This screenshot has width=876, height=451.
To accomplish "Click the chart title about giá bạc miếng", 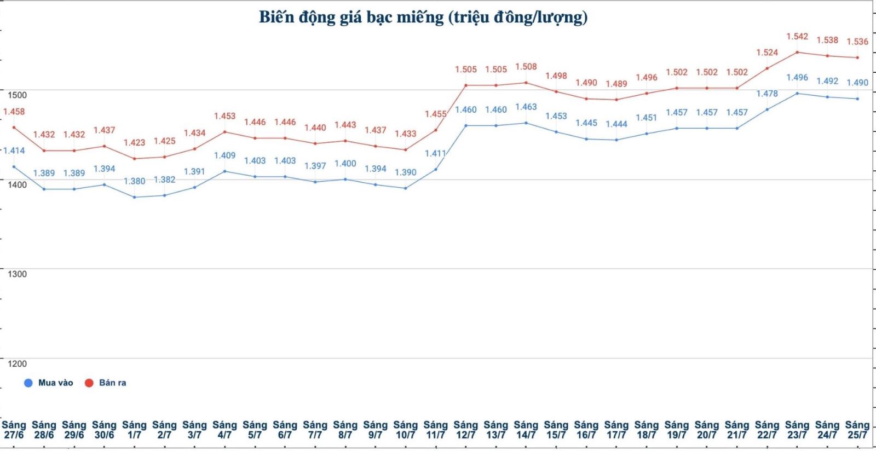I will [423, 17].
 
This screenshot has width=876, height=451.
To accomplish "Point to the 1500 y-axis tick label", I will [17, 95].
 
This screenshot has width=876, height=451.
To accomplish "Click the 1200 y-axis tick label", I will [17, 363].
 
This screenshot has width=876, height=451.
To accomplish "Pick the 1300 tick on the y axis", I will [17, 274].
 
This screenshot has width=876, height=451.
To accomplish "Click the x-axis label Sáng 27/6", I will [14, 430].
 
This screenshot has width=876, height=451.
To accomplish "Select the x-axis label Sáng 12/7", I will [465, 430].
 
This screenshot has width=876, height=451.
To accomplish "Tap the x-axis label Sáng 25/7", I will [857, 430].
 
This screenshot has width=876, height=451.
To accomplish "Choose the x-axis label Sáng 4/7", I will [224, 430].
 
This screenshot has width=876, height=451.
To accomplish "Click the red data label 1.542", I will [797, 36].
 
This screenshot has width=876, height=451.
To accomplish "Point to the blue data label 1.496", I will [797, 77].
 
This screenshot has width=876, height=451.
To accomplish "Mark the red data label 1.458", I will [14, 112].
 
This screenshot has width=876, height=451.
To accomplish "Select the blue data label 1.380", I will [134, 181].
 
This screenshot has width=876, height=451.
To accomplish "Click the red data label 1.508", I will [526, 67].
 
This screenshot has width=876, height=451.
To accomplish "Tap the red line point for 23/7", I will [797, 53].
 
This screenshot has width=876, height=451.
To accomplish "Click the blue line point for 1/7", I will [134, 197].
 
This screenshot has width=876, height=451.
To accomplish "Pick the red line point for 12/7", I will [466, 85].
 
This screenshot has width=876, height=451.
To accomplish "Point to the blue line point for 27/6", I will [14, 166].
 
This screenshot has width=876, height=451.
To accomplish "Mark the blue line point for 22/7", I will [767, 109].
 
